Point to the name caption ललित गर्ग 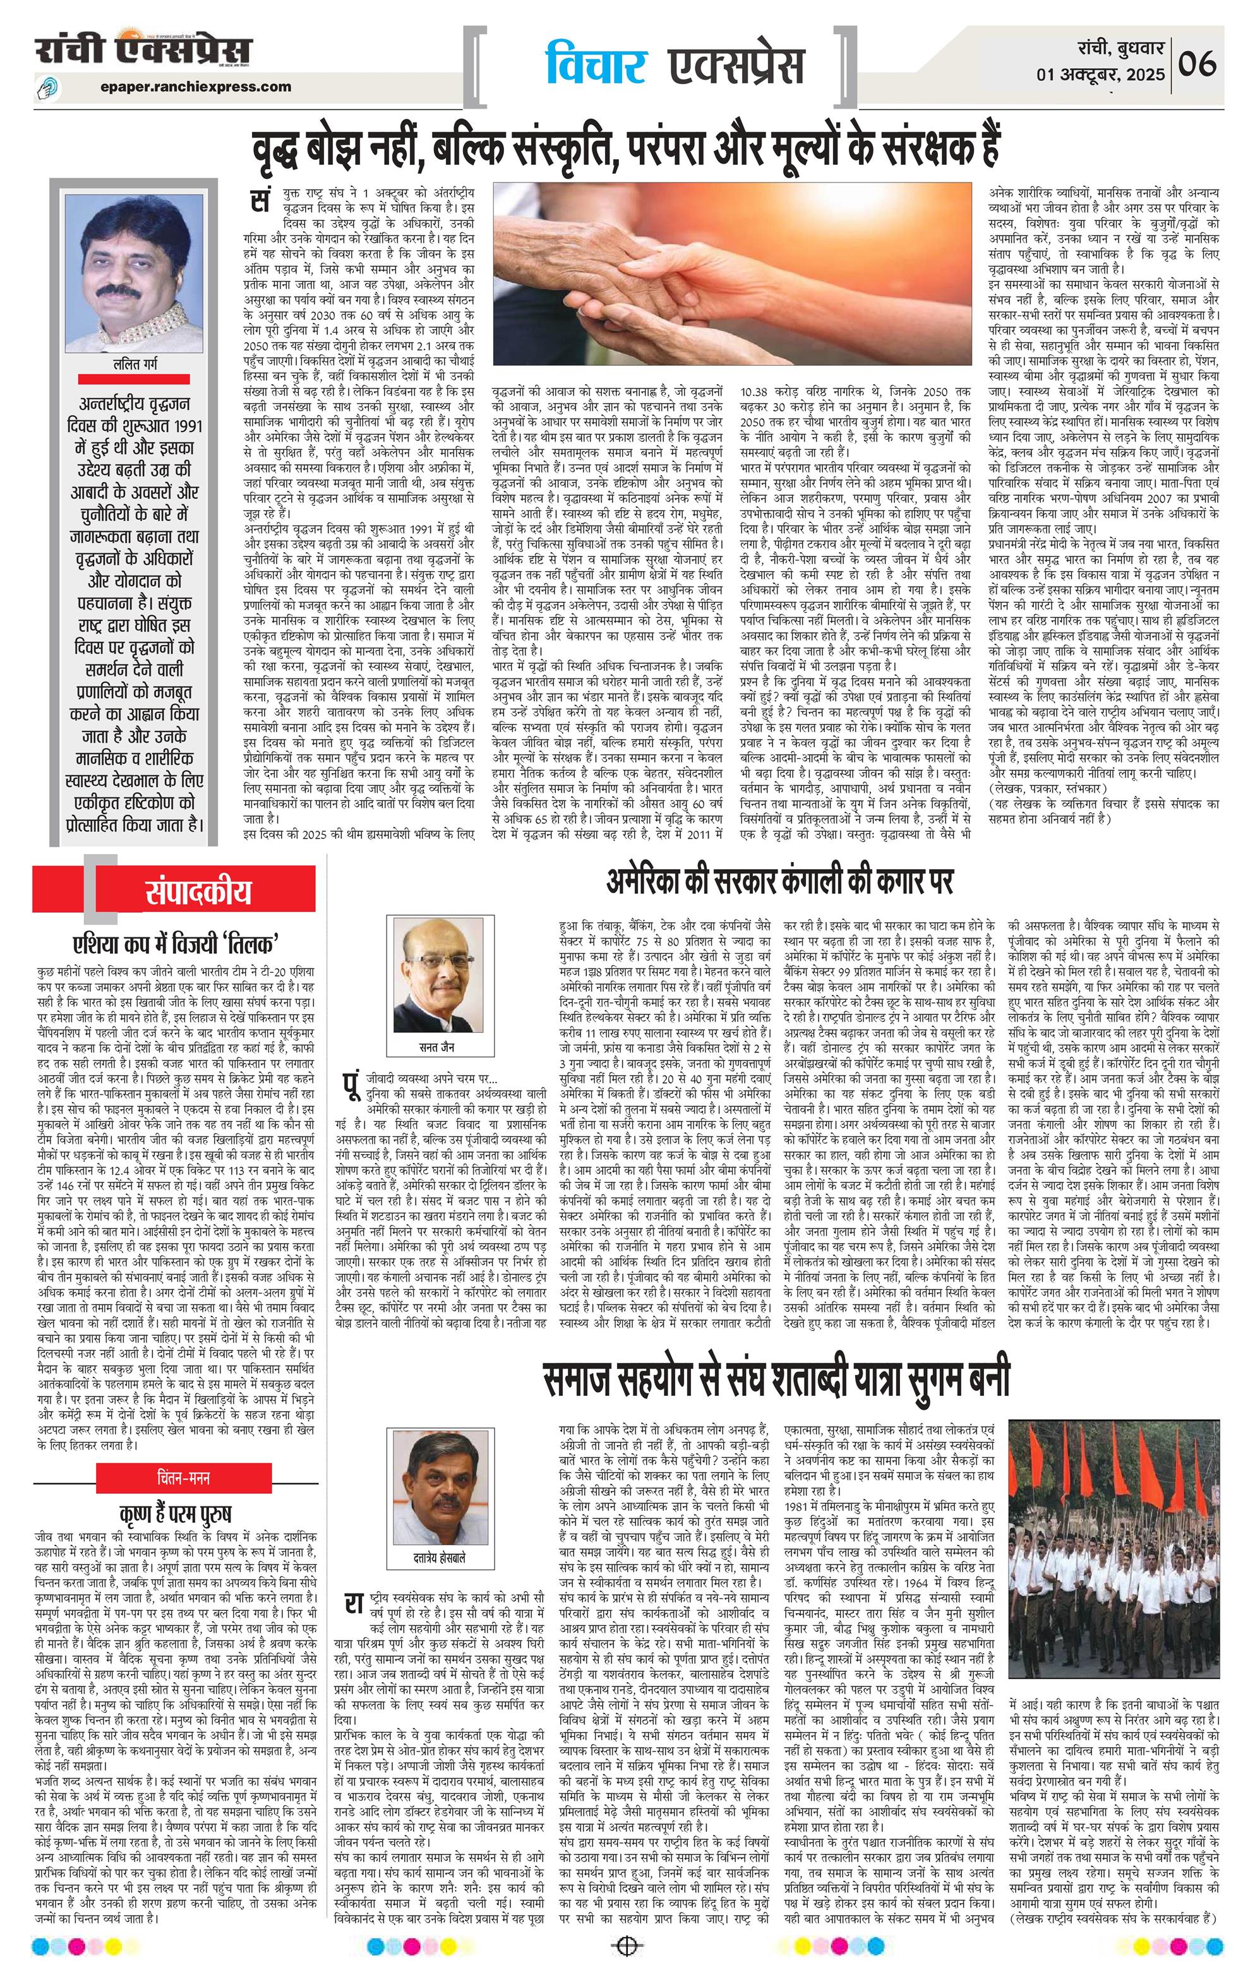(135, 364)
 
